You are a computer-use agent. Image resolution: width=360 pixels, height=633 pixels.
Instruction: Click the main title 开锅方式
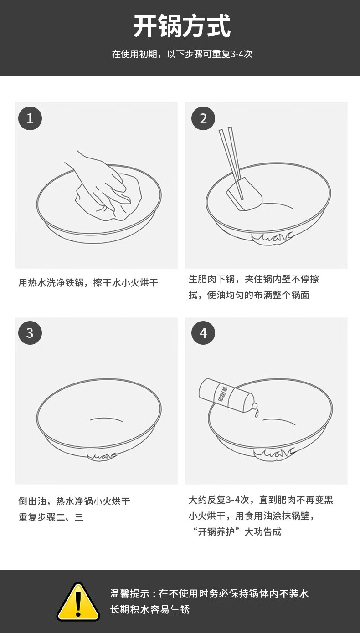[182, 26]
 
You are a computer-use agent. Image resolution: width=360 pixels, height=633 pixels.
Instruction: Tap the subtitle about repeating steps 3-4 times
[182, 54]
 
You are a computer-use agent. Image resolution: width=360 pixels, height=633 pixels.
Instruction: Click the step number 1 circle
[30, 118]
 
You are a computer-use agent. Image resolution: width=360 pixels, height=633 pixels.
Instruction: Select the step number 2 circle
[203, 118]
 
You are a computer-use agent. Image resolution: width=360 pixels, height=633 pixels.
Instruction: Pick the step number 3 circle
[30, 332]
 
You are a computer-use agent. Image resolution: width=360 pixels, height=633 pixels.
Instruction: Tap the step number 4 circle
[203, 332]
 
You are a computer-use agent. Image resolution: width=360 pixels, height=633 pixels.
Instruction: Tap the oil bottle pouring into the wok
[228, 396]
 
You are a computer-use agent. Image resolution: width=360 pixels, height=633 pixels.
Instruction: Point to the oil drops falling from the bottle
[257, 413]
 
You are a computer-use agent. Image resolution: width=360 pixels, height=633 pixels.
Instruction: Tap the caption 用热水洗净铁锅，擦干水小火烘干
[88, 283]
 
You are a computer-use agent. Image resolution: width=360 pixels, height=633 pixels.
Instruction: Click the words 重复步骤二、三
[51, 517]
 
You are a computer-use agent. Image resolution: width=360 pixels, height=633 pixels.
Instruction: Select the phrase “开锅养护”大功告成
[237, 531]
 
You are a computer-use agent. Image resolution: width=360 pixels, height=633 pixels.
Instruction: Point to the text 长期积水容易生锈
[150, 609]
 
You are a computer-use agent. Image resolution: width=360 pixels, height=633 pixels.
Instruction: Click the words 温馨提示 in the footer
[130, 593]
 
